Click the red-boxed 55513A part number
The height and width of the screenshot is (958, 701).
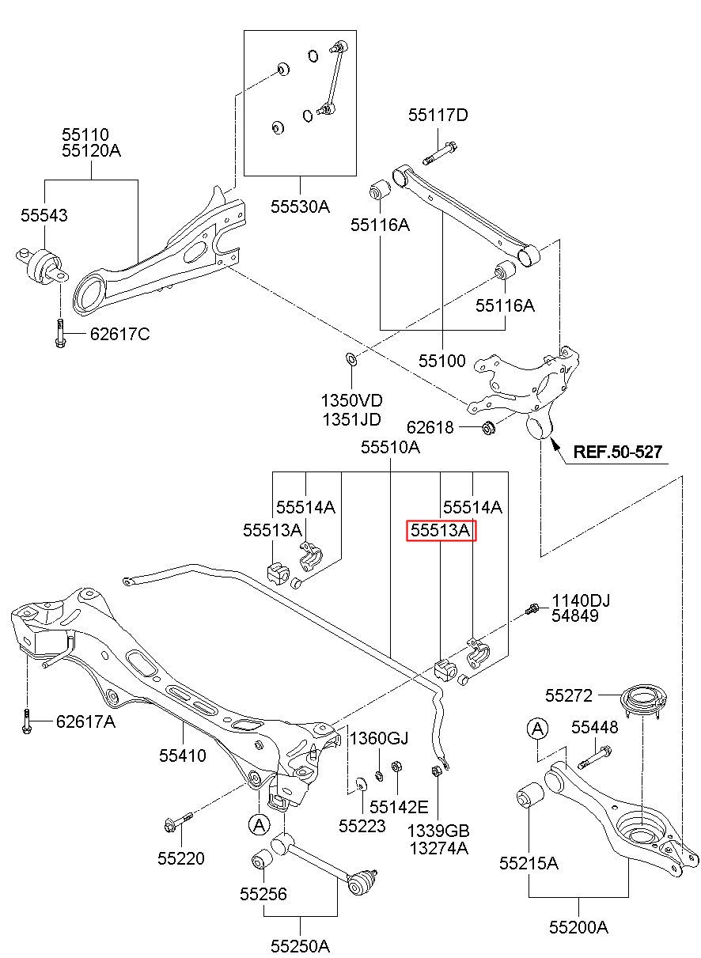click(x=440, y=531)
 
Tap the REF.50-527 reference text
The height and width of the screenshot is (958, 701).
click(x=618, y=452)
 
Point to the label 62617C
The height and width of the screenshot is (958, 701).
click(x=119, y=334)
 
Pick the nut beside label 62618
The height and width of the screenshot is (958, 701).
click(x=488, y=427)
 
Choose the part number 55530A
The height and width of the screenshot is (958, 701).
click(x=300, y=207)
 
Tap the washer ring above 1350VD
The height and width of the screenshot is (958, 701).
click(x=350, y=359)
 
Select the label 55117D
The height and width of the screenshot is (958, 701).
click(x=438, y=115)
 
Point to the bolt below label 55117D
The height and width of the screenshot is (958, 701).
click(x=439, y=153)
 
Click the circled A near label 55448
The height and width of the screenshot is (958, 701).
click(x=538, y=729)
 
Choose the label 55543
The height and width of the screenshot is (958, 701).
click(x=44, y=215)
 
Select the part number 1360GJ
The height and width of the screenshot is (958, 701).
click(x=379, y=738)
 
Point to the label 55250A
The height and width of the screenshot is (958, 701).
click(x=300, y=946)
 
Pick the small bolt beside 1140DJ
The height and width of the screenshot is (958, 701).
click(x=531, y=608)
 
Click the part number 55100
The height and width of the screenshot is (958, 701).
click(x=441, y=361)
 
